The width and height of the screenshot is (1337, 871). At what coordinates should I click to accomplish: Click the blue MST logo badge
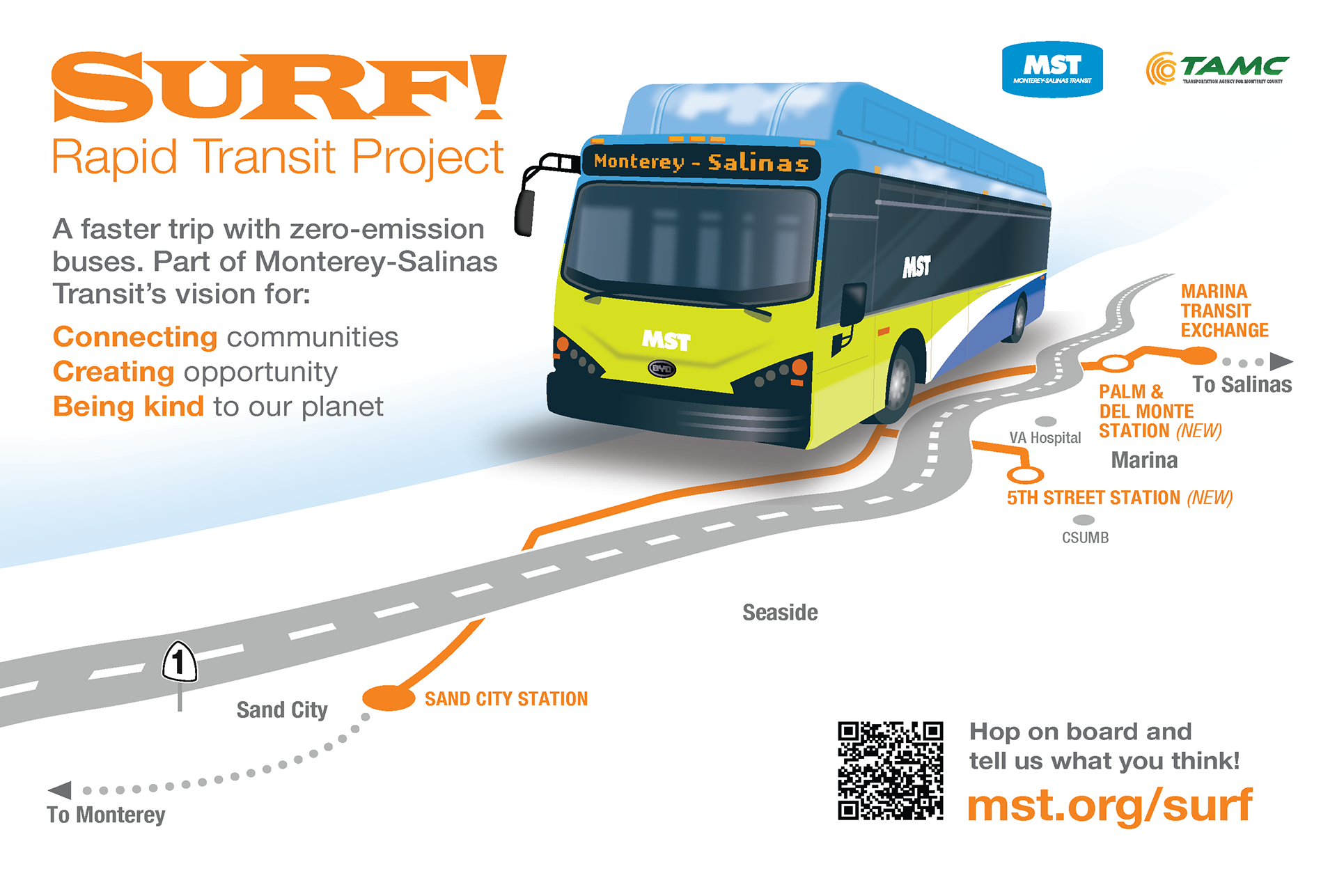pos(1052,70)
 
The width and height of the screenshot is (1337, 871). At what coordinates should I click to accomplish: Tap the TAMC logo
pos(1217,69)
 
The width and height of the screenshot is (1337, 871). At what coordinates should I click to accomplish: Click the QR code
pos(890,771)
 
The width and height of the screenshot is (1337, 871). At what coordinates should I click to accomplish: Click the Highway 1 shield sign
pos(179,661)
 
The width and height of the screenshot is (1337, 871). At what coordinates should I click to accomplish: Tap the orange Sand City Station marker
pos(389,697)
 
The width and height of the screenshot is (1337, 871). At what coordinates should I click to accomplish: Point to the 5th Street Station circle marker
pos(1025,476)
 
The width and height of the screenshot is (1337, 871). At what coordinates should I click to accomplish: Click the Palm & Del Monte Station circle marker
pos(1116,363)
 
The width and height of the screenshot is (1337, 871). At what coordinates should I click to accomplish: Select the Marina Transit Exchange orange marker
pos(1198,356)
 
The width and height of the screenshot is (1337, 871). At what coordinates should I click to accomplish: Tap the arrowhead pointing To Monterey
pos(61,790)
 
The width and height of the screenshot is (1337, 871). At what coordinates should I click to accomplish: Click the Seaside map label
pos(780,613)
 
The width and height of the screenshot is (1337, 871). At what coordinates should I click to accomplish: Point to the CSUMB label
pos(1085,537)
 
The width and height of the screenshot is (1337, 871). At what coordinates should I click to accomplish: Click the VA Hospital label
pos(1045,438)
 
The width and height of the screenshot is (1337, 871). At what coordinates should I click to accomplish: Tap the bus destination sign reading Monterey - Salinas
pos(701,163)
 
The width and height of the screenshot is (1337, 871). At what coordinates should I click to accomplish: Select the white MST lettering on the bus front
pos(666,340)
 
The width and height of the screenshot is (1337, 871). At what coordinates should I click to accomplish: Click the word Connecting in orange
pos(135,337)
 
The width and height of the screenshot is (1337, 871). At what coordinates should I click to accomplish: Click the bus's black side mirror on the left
pos(524,212)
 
